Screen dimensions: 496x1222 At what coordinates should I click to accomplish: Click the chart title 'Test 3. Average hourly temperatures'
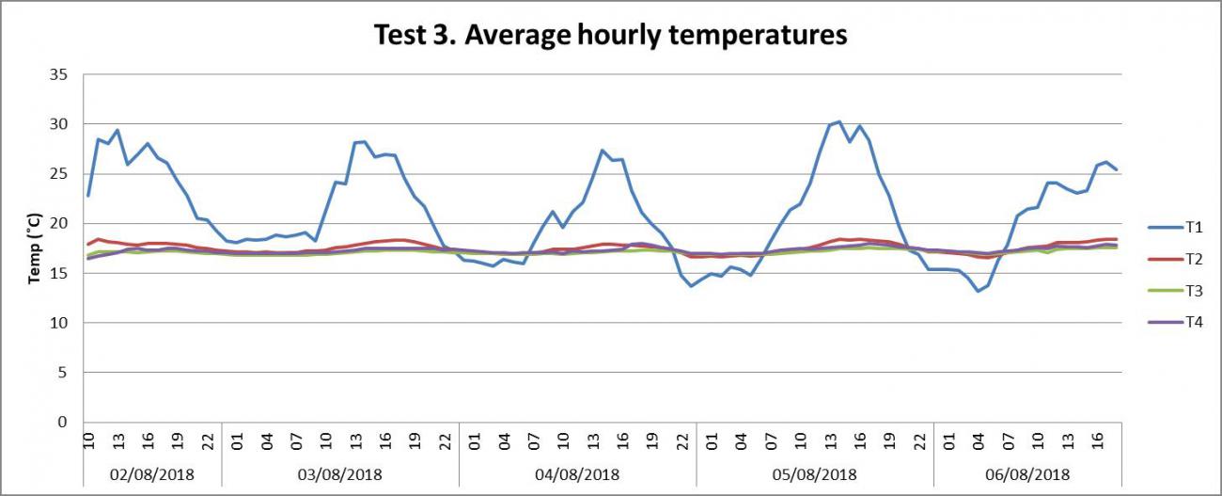(x=611, y=36)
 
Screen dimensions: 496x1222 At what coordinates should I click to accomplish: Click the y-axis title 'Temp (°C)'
(x=34, y=248)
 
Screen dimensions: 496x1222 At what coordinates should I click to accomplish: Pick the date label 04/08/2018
(x=576, y=474)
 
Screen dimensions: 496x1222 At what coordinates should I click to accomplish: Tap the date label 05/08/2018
(x=814, y=474)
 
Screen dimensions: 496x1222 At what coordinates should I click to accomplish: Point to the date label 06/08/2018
(x=1027, y=474)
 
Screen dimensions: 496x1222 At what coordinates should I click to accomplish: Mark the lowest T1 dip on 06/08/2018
(x=978, y=291)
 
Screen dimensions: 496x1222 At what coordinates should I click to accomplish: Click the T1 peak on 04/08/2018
(x=603, y=151)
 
